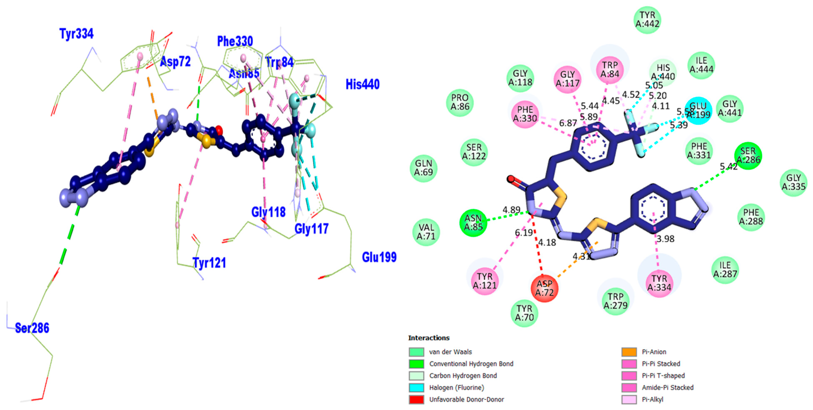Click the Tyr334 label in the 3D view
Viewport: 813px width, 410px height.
pos(76,34)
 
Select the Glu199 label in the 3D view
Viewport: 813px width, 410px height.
pos(379,257)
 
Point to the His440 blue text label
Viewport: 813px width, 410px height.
pos(362,84)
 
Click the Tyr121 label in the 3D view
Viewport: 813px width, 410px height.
pos(209,263)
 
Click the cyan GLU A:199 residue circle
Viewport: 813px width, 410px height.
pos(698,111)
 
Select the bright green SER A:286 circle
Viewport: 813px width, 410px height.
pos(748,155)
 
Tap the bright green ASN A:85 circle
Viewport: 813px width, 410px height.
pos(473,222)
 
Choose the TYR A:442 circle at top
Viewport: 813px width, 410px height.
pos(647,20)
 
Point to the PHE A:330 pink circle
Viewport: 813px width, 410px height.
pos(525,114)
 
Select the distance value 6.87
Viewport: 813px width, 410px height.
pos(568,123)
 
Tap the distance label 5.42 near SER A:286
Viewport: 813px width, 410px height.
pos(728,166)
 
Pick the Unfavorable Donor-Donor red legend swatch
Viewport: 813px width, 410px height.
pos(416,399)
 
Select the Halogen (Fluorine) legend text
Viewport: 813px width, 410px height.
pos(456,387)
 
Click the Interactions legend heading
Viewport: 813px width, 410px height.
pos(429,338)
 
